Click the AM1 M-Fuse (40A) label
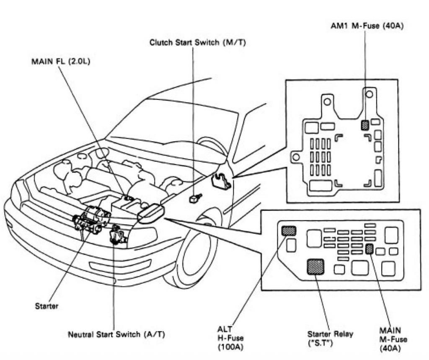pos(367,26)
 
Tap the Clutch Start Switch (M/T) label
pos(195,43)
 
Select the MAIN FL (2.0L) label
pos(61,61)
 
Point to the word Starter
pos(47,306)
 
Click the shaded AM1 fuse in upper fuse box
pos(365,124)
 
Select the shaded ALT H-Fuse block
pos(289,230)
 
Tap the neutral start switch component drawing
pos(116,235)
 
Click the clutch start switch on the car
pos(195,198)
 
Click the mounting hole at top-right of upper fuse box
pos(369,94)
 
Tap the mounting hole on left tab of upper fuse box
pos(296,157)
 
